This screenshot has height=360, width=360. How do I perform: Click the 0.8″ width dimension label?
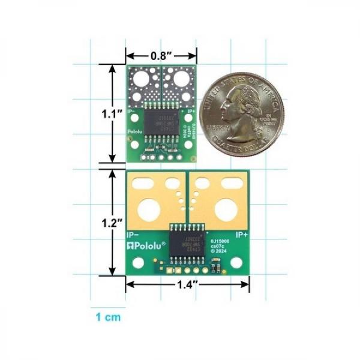point(160,55)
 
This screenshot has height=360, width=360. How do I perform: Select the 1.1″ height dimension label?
point(112,112)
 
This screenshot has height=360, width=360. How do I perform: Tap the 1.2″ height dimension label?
point(112,221)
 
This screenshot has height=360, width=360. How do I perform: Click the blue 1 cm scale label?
point(107,317)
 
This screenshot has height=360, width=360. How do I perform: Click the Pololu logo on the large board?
point(146,245)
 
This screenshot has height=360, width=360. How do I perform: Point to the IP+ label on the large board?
point(242,234)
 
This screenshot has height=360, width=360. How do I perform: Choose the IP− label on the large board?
point(134,234)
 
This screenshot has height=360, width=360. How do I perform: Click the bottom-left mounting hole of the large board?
point(139,263)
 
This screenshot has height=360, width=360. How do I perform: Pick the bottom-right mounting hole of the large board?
point(238,263)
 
